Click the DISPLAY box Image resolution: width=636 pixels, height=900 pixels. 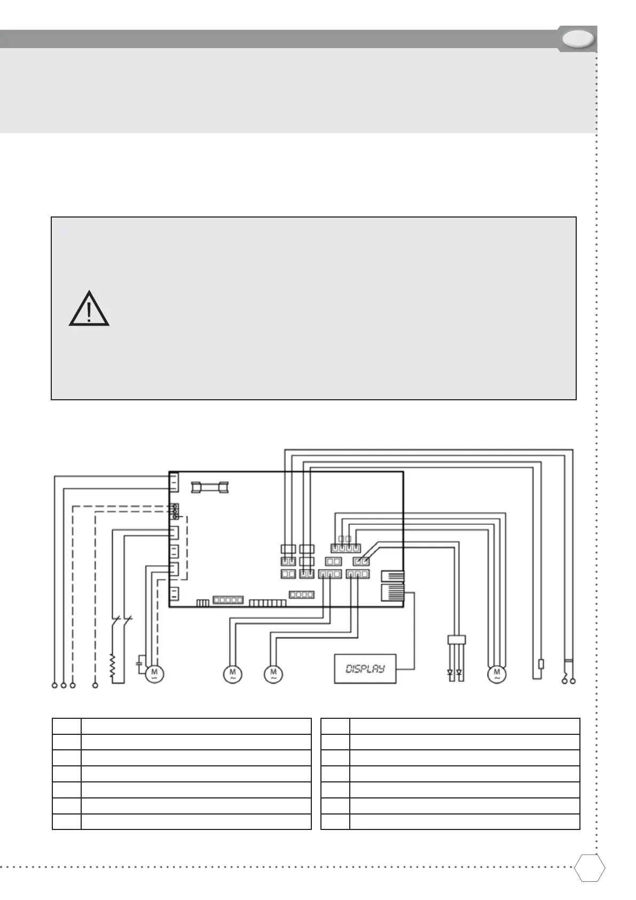(365, 669)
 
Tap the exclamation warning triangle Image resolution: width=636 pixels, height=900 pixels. (89, 310)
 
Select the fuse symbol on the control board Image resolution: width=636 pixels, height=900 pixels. (209, 487)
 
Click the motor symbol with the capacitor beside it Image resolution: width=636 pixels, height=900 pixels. (154, 674)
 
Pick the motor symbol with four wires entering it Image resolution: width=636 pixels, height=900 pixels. (497, 674)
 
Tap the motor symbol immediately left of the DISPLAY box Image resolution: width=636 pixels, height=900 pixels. (273, 674)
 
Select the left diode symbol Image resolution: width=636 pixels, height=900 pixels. (450, 672)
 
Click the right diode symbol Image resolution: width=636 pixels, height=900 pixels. (459, 672)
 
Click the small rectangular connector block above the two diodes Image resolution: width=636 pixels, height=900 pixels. (457, 639)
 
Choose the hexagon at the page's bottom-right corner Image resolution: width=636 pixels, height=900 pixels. (590, 868)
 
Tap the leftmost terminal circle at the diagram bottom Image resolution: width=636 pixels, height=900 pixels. (54, 685)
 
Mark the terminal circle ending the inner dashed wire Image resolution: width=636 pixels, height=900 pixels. (96, 685)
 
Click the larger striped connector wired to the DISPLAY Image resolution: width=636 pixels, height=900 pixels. (393, 592)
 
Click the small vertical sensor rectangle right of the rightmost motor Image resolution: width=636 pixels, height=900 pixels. (541, 664)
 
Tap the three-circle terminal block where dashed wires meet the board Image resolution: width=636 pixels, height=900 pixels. (175, 511)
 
